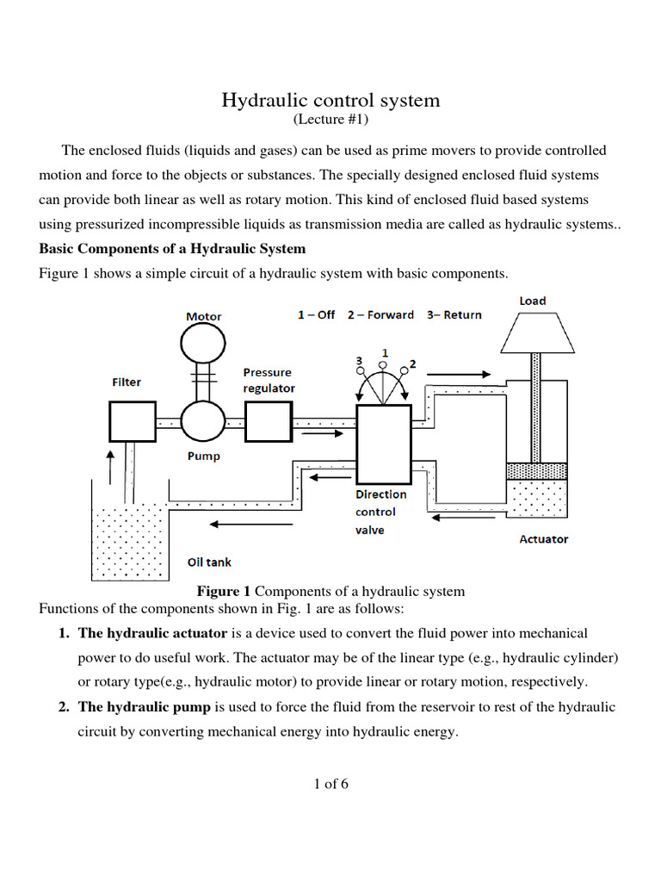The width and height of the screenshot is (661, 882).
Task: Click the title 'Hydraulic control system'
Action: tap(330, 100)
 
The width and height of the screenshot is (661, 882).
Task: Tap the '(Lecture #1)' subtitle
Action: tap(330, 120)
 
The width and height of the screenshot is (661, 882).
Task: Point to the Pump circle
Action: tap(203, 423)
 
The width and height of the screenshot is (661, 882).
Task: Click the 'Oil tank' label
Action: tap(209, 562)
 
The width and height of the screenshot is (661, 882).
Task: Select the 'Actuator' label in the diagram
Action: tap(544, 539)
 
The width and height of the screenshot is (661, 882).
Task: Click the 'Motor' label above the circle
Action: tap(204, 316)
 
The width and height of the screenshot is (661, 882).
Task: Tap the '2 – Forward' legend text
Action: tap(380, 314)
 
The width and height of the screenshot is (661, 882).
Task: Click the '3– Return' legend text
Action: tap(454, 314)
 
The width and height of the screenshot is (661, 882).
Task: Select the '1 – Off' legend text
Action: tap(316, 314)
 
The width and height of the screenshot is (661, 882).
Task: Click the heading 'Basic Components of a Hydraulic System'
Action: tap(172, 249)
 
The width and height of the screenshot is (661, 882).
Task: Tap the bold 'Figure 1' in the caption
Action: tap(223, 592)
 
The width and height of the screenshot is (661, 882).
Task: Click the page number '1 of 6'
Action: tap(330, 784)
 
